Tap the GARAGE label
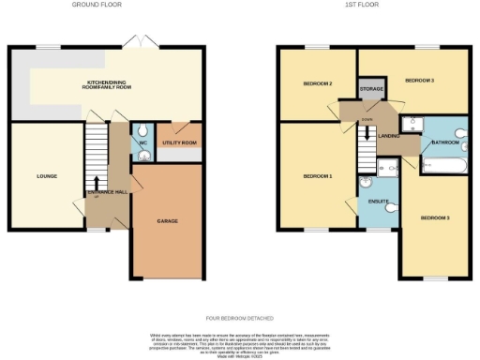(x=166, y=221)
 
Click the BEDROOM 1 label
(x=317, y=175)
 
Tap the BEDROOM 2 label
(x=318, y=83)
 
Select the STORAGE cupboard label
(x=371, y=89)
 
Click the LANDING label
(x=388, y=136)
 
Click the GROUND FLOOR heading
(x=97, y=5)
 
